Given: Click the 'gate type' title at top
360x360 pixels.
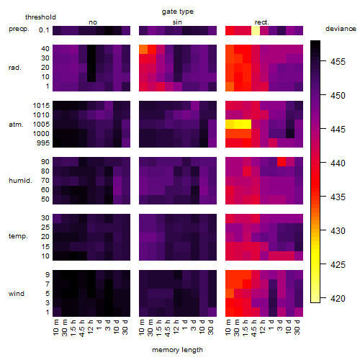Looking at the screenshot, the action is pos(178,12).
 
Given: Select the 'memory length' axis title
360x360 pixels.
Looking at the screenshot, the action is pos(177,350).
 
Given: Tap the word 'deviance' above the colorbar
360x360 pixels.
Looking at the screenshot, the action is pos(341,29).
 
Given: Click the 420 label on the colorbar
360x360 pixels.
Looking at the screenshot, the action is pos(338,299).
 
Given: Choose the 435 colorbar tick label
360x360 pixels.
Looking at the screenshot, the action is pos(338,197).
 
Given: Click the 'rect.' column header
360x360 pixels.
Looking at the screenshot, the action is pos(261,22).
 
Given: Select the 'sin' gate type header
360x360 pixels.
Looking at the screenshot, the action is pos(177,22).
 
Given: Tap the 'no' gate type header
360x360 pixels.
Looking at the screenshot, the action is pos(93,22).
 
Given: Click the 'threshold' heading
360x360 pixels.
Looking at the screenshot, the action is pos(40,17).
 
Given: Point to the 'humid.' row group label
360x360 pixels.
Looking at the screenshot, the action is pos(20,181).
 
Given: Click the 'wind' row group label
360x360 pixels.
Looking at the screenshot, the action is pos(17,294).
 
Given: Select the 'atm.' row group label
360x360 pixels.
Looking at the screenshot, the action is pos(16,125).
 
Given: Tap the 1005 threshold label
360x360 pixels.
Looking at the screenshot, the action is pos(41,125).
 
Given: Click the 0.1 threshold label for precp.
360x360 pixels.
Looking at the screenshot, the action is pos(44,30).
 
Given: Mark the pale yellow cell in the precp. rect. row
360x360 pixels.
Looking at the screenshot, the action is pos(256,30).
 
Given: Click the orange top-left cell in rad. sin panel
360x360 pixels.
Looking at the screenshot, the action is pos(143,49).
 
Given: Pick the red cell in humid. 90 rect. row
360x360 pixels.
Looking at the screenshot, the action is pos(282,161).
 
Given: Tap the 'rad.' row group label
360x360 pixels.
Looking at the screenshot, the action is pos(15,68).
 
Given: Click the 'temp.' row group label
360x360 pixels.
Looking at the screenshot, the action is pos(18,236).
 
